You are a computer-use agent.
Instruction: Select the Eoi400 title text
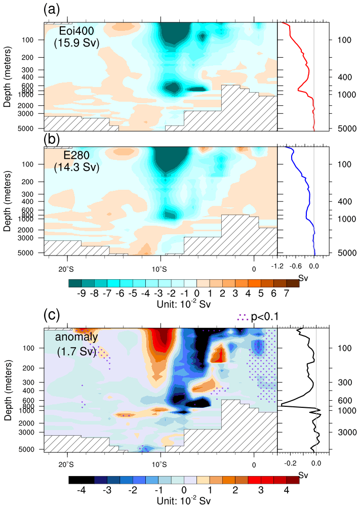click(x=76, y=31)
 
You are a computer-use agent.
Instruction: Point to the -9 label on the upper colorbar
click(x=82, y=293)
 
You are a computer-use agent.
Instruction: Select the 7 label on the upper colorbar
click(x=286, y=293)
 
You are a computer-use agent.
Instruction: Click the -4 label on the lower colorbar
click(x=82, y=490)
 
